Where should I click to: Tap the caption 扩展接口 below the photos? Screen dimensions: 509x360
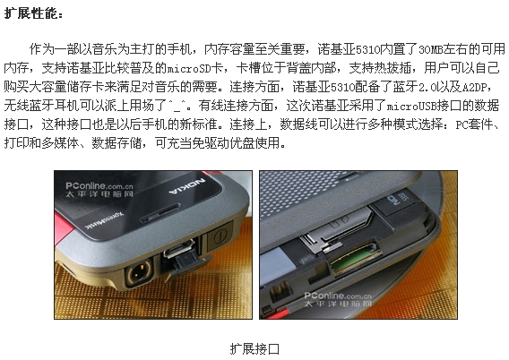(x=254, y=349)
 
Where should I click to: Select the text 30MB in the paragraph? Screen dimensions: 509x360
(x=430, y=49)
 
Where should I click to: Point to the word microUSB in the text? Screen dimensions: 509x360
(x=411, y=106)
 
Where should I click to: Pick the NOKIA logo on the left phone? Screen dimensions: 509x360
(x=187, y=186)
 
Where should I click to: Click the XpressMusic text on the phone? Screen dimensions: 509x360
(x=104, y=219)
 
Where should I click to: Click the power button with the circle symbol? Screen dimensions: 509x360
(x=220, y=237)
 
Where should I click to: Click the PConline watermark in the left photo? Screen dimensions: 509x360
(x=99, y=190)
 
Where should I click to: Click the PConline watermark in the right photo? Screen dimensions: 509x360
(x=338, y=299)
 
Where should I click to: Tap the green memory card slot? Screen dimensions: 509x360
(x=355, y=258)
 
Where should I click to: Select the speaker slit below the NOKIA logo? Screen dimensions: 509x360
(x=160, y=213)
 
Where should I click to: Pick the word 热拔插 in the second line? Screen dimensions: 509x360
(x=393, y=68)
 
